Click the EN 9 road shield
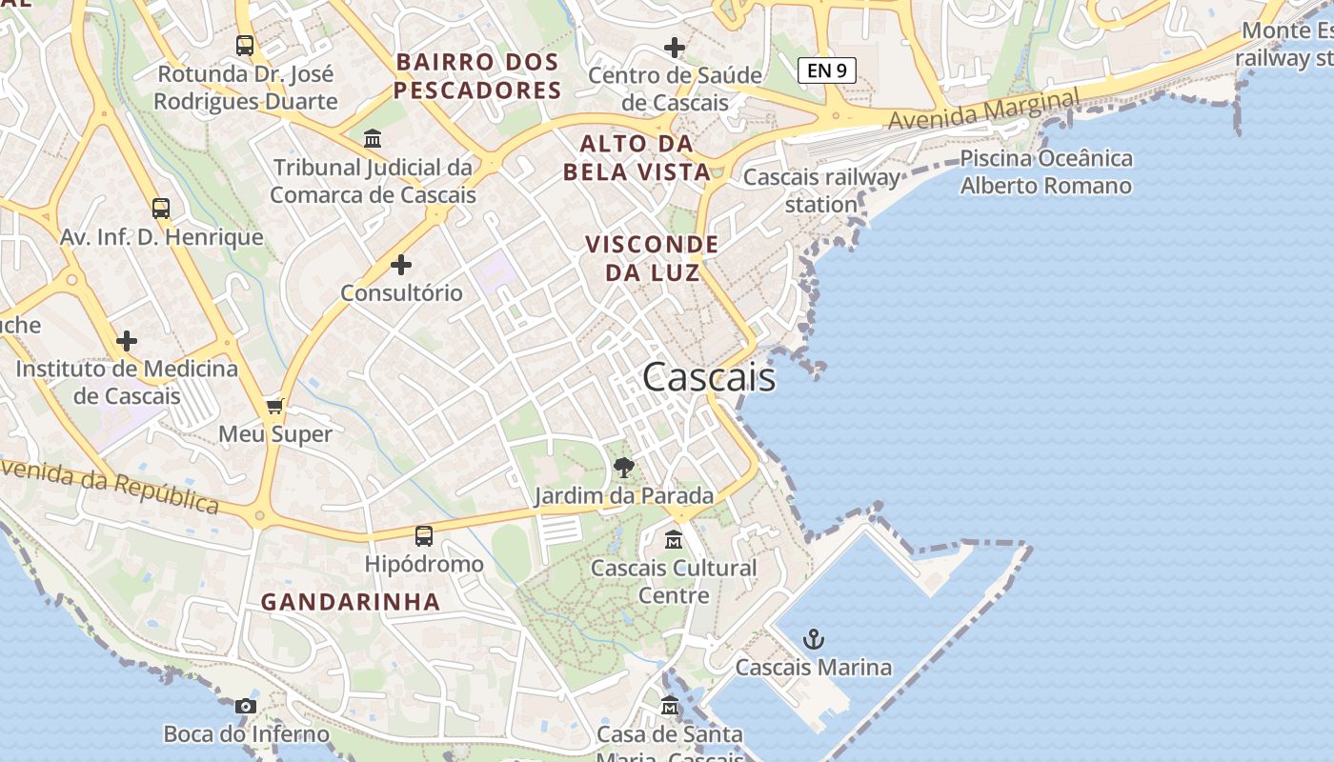826,70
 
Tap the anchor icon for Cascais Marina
813,639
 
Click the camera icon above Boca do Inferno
246,706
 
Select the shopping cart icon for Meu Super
275,407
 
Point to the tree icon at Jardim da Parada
624,468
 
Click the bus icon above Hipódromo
424,536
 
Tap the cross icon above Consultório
401,264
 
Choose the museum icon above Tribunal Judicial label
373,139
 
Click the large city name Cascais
709,377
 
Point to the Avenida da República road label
110,486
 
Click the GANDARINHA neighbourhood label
351,602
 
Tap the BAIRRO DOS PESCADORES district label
477,76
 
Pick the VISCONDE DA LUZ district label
653,258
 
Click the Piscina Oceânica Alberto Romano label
1045,171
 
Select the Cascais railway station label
821,190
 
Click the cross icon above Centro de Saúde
675,47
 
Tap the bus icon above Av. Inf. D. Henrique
161,208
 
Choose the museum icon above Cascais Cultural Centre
674,539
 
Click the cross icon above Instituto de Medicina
127,340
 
